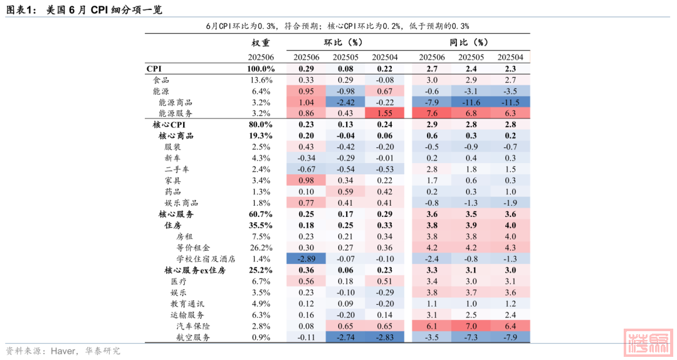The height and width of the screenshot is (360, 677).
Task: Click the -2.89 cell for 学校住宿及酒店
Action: pyautogui.click(x=307, y=259)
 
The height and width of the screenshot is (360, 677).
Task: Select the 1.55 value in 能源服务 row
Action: pyautogui.click(x=384, y=114)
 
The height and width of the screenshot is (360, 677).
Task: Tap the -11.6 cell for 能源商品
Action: pyautogui.click(x=471, y=102)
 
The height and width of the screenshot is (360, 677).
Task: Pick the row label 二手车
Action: pyautogui.click(x=177, y=169)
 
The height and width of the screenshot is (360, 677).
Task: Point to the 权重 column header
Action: pyautogui.click(x=261, y=43)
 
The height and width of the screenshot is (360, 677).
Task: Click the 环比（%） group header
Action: pyautogui.click(x=345, y=43)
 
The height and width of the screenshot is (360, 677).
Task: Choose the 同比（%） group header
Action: pyautogui.click(x=471, y=43)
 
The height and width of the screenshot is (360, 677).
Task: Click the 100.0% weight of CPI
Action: pyautogui.click(x=261, y=68)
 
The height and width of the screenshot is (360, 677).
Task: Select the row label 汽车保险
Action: pyautogui.click(x=193, y=326)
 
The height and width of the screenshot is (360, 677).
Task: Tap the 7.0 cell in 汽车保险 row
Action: pyautogui.click(x=471, y=326)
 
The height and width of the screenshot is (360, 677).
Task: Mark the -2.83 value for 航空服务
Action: pyautogui.click(x=384, y=337)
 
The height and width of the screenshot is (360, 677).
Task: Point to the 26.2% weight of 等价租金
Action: pyautogui.click(x=261, y=248)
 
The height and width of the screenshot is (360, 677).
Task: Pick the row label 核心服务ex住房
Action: pyautogui.click(x=194, y=270)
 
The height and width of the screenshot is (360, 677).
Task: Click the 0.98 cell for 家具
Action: pyautogui.click(x=307, y=181)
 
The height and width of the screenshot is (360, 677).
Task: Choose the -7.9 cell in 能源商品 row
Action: pyautogui.click(x=432, y=102)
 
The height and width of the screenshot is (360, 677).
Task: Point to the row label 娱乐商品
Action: pyautogui.click(x=182, y=203)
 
